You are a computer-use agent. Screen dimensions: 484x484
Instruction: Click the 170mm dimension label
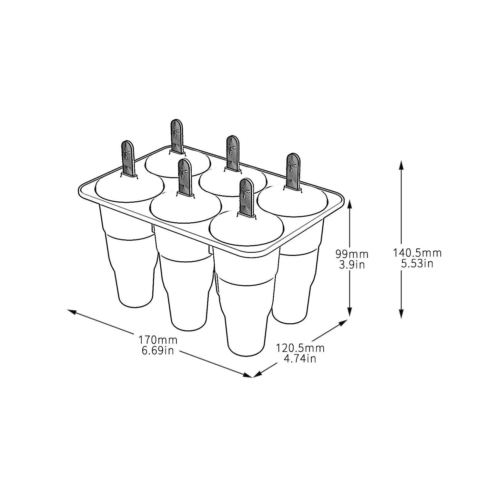point(158,339)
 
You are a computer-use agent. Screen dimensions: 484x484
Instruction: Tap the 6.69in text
point(158,350)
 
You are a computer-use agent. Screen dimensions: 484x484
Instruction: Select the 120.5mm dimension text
point(300,348)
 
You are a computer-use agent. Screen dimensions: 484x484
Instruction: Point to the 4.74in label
point(300,358)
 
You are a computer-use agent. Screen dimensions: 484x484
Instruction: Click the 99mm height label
point(352,254)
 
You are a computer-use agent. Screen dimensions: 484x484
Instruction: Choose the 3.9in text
point(352,264)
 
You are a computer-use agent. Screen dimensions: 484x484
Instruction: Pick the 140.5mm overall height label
point(417,253)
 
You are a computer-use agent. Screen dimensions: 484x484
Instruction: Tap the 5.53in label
point(417,263)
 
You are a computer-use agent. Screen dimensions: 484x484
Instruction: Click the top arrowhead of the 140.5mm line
point(401,165)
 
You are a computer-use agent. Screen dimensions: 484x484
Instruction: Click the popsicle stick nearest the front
point(247,197)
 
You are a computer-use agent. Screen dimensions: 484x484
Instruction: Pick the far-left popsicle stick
point(128,158)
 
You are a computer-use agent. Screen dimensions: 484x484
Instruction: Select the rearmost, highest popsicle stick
point(177,136)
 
